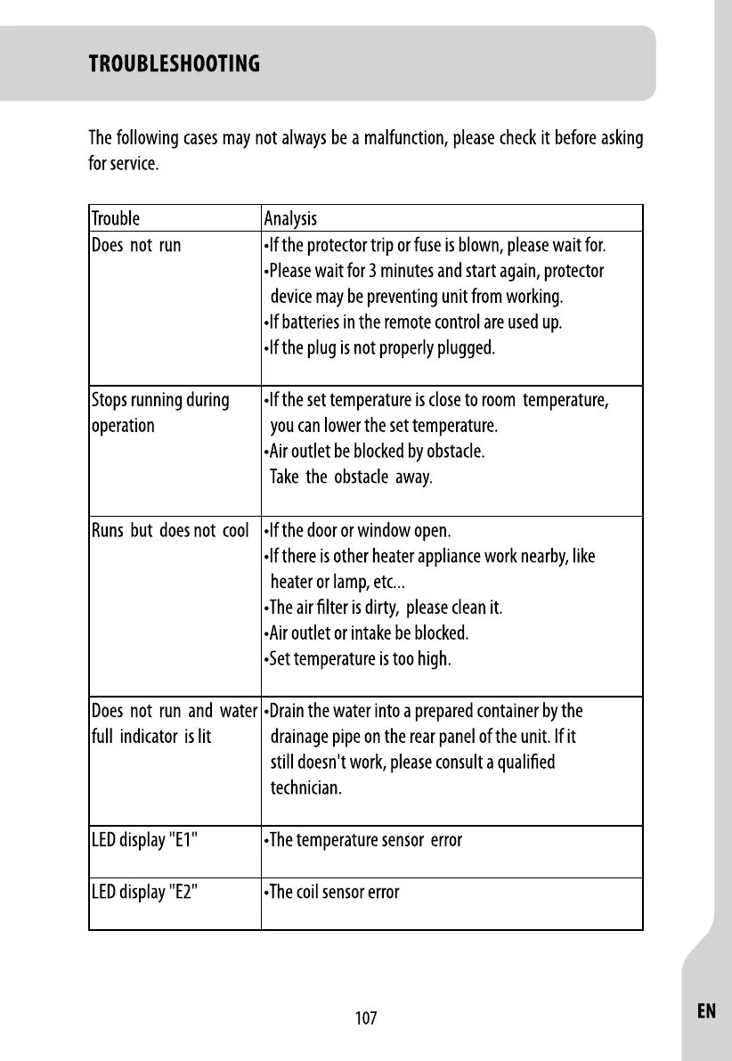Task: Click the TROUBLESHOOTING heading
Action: pos(175,64)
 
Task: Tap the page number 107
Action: pos(366,1018)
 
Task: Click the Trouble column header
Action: pos(116,218)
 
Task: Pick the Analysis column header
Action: pos(290,218)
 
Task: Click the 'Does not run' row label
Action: pos(136,245)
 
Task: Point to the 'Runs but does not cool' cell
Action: pos(170,532)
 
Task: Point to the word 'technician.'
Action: pos(305,789)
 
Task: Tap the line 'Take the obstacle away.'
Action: pos(352,477)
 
